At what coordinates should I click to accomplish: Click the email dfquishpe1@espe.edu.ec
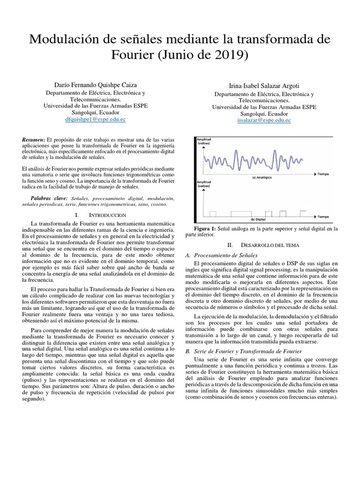coord(95,120)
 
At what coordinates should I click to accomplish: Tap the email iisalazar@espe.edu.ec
coord(264,120)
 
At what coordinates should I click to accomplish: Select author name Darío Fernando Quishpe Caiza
coord(95,84)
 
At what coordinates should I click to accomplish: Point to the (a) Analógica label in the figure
coord(262,178)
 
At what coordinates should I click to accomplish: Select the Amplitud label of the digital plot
coord(203,182)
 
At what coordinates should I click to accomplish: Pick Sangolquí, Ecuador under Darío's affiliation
coord(95,113)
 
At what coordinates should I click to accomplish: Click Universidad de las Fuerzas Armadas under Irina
coord(264,107)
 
